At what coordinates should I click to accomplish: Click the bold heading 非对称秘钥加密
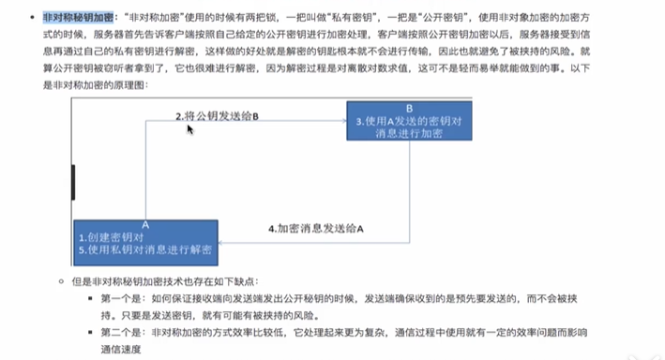[79, 18]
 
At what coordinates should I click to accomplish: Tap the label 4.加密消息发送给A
[315, 229]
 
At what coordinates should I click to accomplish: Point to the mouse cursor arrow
[190, 128]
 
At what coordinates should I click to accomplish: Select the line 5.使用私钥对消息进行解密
[144, 250]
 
